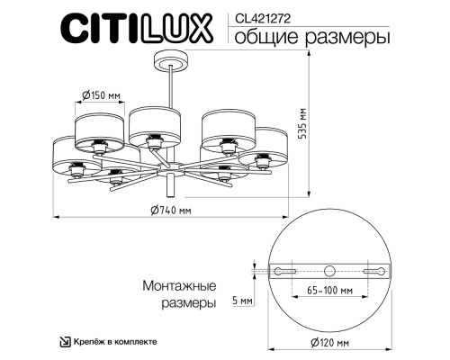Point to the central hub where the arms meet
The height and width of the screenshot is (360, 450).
[x=169, y=168]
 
